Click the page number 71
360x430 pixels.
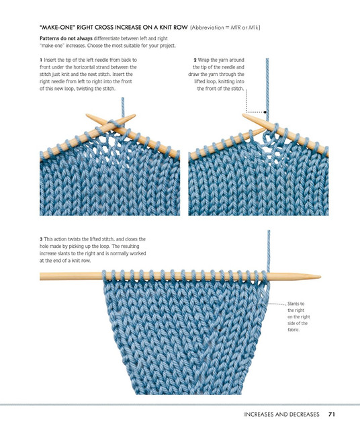(x=332, y=414)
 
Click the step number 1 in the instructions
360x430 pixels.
(x=41, y=60)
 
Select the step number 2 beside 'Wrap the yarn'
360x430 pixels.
(x=195, y=60)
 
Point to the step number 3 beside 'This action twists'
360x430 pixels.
(x=41, y=239)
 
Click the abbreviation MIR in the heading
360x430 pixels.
(x=235, y=28)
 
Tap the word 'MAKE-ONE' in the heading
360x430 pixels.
(x=58, y=28)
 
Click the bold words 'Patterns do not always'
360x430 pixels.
(x=66, y=38)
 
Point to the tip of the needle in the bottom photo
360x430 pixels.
(x=320, y=277)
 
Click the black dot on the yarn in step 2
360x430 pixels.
(x=265, y=112)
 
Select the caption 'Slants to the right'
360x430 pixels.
(x=296, y=307)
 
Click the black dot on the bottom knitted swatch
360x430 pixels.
(x=220, y=330)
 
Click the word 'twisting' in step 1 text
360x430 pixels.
(x=85, y=89)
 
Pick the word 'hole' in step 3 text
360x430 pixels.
(x=44, y=247)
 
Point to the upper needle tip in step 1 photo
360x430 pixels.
(x=134, y=116)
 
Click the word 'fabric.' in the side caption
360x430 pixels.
(x=294, y=330)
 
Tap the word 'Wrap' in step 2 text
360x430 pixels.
(x=204, y=60)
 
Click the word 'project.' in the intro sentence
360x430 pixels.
(x=167, y=46)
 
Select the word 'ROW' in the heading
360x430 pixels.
(x=181, y=28)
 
